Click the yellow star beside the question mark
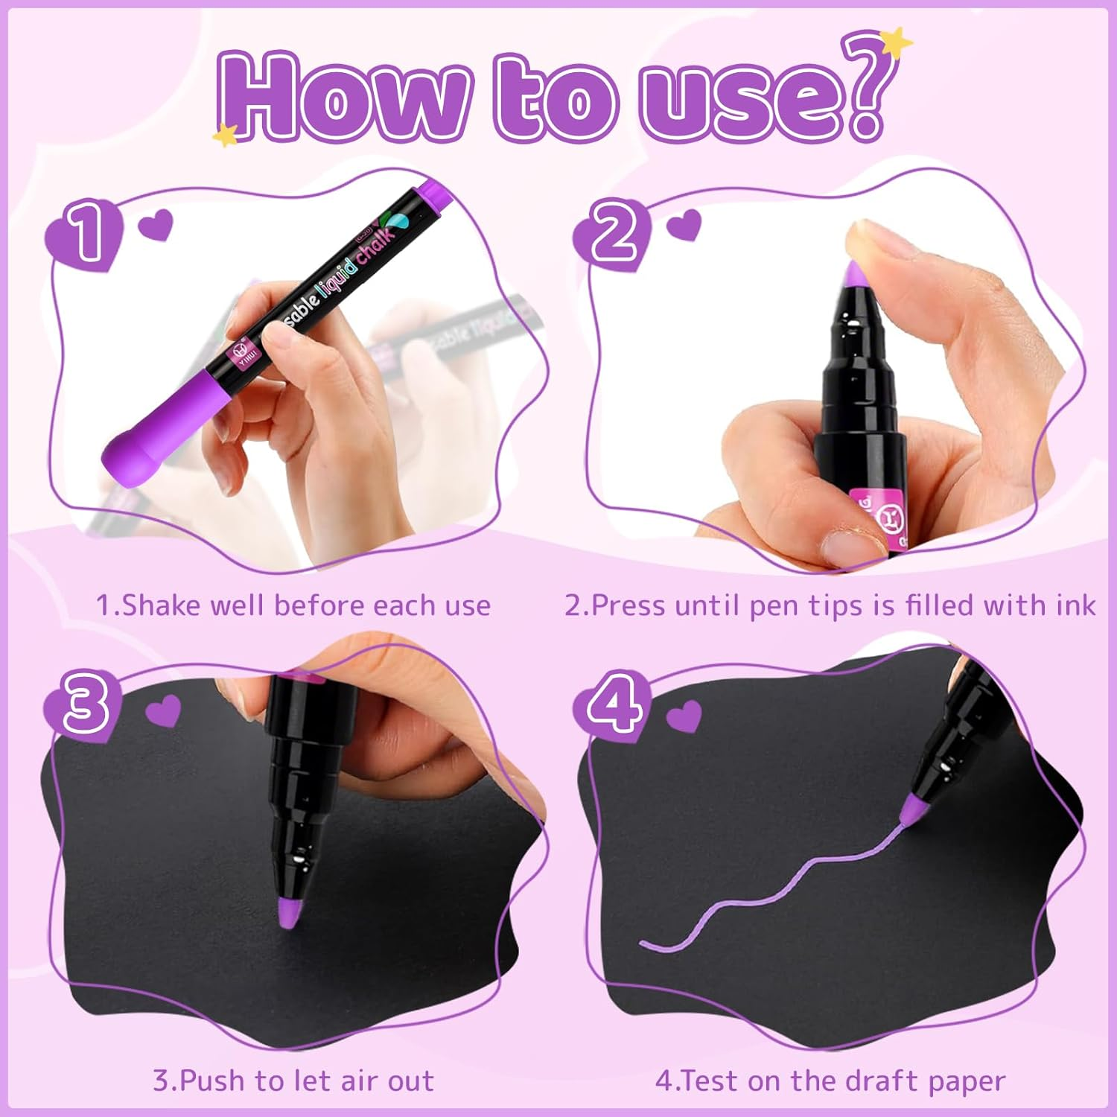click(x=899, y=40)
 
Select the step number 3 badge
click(x=84, y=704)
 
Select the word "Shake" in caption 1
click(x=162, y=605)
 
